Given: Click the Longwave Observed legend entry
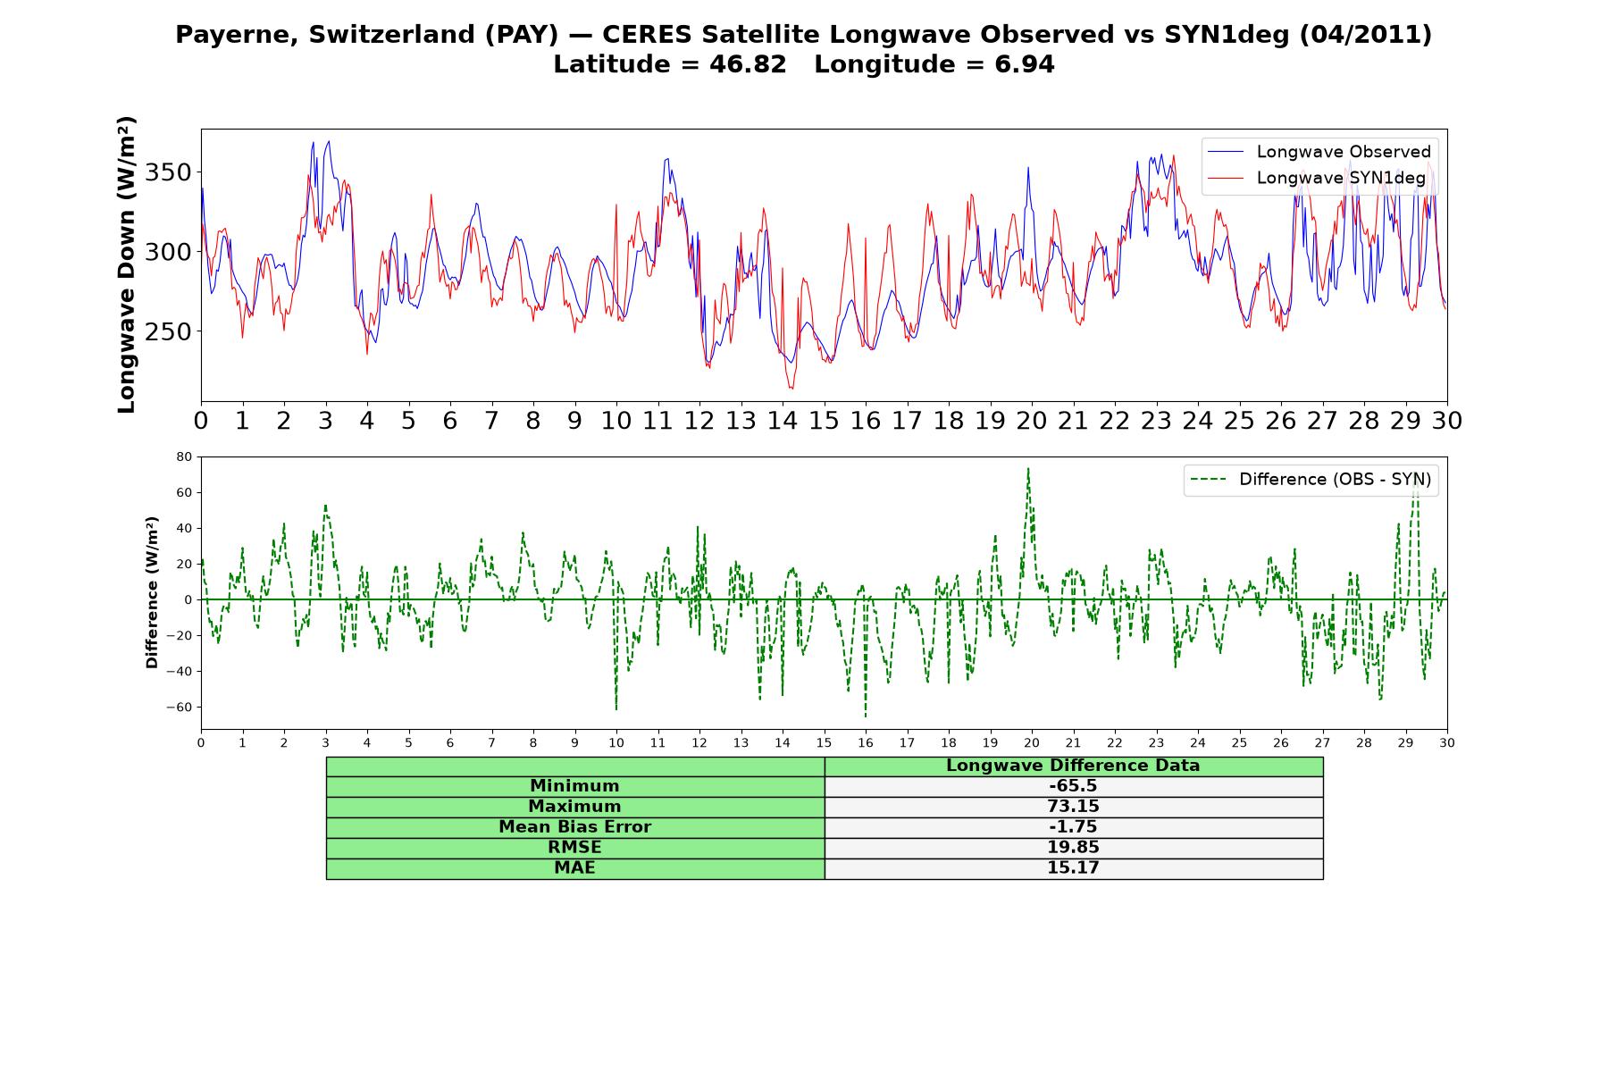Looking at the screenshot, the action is [1319, 152].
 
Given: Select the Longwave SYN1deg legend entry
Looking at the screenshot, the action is [1317, 178].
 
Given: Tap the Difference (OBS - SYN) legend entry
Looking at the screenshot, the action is [1311, 480].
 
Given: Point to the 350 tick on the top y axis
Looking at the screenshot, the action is [168, 172].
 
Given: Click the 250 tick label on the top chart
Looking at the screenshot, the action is [168, 331].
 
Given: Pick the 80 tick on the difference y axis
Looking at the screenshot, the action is [184, 456].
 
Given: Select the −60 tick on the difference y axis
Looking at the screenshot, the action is [179, 707].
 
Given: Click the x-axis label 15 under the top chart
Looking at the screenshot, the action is [824, 421].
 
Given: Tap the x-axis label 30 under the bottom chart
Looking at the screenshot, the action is [1447, 742].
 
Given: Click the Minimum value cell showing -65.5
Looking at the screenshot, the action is [1073, 786].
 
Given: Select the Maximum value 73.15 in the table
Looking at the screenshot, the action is [1073, 807].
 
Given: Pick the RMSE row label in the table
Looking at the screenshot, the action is [574, 848].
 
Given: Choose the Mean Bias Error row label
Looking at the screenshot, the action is [574, 827].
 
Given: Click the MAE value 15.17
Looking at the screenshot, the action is [1073, 868].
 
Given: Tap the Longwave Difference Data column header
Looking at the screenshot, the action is [1073, 766].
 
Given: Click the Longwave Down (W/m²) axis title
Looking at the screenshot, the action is [126, 264].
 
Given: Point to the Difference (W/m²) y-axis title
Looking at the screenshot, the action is [152, 592].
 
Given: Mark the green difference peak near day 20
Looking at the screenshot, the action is [1028, 468].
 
